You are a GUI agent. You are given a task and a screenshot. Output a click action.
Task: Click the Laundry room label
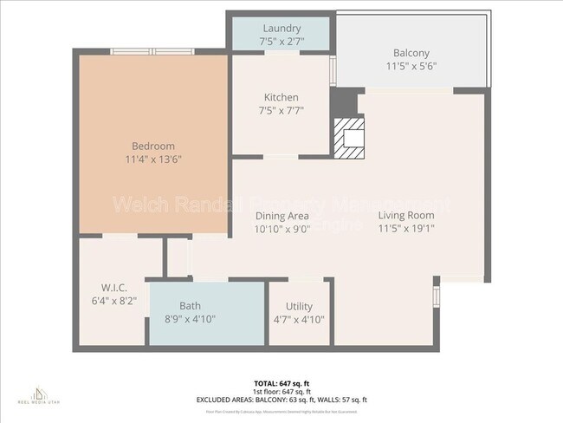(x=281, y=29)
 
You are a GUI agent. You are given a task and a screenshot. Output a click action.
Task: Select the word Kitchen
(x=281, y=97)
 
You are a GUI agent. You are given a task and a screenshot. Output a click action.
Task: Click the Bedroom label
(x=153, y=146)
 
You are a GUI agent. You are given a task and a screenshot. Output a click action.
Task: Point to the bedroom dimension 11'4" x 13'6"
(x=153, y=159)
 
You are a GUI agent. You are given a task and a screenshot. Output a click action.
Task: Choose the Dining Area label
(x=282, y=216)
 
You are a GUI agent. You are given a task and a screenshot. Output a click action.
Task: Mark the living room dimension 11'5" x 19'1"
(x=406, y=229)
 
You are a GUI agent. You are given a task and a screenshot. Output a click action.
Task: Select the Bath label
(x=190, y=306)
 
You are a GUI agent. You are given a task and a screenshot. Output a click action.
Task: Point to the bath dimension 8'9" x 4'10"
(x=190, y=319)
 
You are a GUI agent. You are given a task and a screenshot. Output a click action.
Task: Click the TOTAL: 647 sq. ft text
(x=281, y=382)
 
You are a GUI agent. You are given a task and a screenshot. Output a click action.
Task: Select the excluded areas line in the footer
(x=281, y=400)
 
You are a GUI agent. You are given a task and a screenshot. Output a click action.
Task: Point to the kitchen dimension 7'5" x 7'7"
(x=281, y=111)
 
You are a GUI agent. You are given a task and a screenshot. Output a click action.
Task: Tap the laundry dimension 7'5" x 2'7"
(x=281, y=42)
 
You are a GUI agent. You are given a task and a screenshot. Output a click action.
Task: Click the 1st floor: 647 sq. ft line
(x=281, y=391)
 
